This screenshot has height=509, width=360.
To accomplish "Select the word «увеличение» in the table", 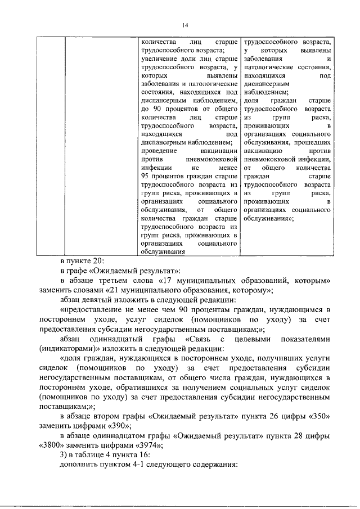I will click(157, 58).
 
